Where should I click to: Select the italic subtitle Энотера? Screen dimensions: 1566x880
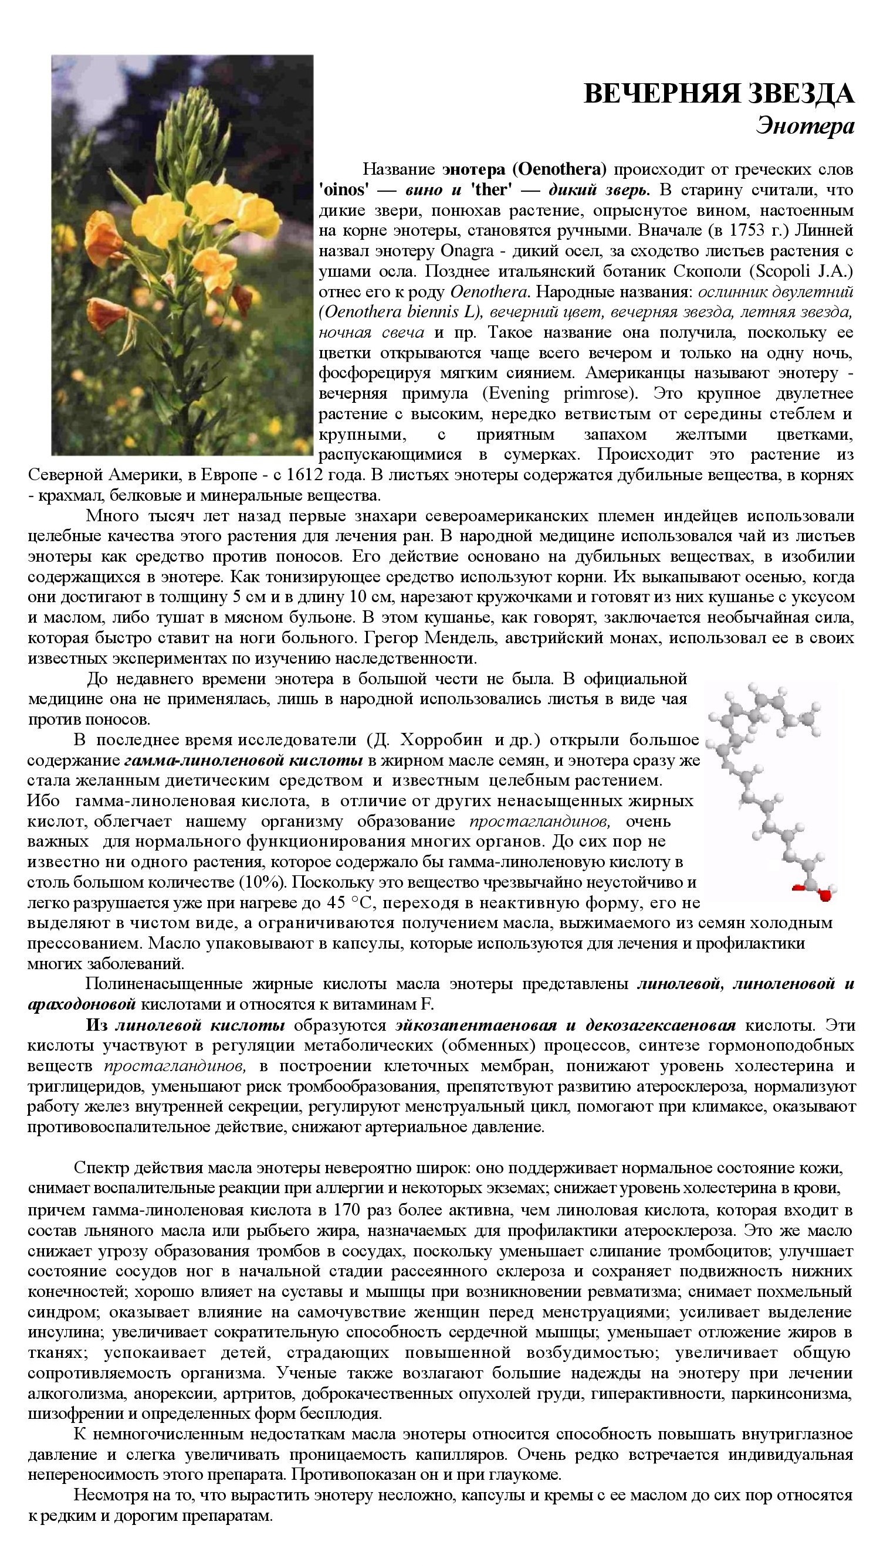pyautogui.click(x=804, y=126)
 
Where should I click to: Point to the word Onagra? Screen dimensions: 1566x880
pyautogui.click(x=462, y=251)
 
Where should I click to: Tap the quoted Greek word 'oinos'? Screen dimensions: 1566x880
pyautogui.click(x=344, y=190)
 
